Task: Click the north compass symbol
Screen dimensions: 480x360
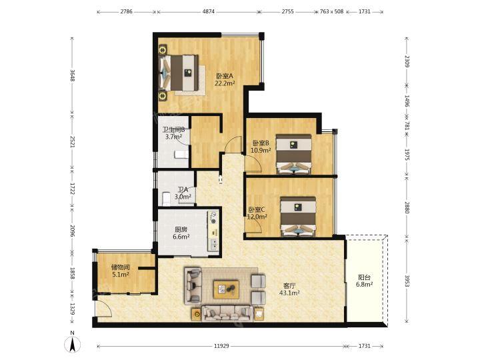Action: [73, 342]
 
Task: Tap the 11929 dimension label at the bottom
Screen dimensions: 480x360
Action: [221, 346]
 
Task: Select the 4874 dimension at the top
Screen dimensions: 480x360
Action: [209, 11]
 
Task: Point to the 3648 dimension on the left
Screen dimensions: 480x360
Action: [73, 75]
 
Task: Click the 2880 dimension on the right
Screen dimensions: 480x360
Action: [407, 207]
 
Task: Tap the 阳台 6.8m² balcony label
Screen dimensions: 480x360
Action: [364, 281]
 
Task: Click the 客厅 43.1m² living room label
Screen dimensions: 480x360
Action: [289, 289]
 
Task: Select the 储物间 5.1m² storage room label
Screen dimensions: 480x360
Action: [120, 271]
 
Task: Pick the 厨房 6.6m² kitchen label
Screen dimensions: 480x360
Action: [181, 233]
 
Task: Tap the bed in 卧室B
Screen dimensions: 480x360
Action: [294, 154]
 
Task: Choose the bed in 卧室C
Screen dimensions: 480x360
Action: [298, 217]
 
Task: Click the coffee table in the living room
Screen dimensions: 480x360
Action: [226, 289]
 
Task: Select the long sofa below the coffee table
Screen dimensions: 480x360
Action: [227, 313]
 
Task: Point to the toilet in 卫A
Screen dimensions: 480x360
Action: [166, 199]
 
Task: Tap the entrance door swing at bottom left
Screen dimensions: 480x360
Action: [103, 308]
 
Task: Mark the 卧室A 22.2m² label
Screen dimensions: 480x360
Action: [225, 79]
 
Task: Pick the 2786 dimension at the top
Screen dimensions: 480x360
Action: [127, 11]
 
